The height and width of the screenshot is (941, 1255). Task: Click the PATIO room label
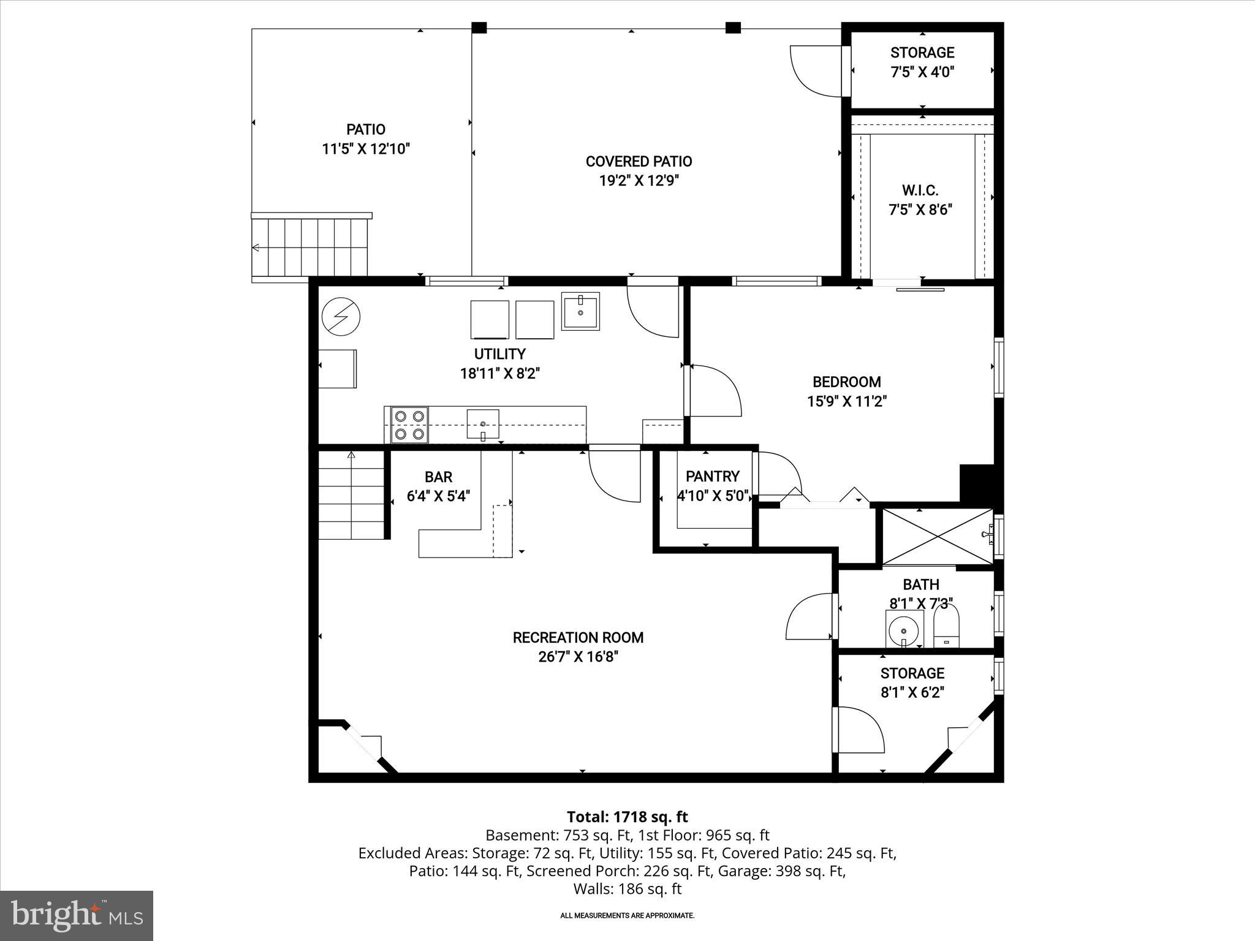click(x=366, y=129)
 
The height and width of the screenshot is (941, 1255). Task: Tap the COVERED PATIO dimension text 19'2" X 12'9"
click(x=639, y=181)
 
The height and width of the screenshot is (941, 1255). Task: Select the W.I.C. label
click(x=920, y=191)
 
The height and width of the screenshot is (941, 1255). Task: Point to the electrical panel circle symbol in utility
click(x=341, y=317)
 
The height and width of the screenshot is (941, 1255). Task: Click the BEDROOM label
click(x=847, y=382)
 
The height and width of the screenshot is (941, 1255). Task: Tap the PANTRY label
click(x=713, y=476)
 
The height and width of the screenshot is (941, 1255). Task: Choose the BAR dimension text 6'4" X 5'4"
click(x=439, y=496)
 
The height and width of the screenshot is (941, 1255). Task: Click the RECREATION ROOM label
click(x=578, y=637)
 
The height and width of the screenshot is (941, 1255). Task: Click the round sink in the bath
click(x=904, y=629)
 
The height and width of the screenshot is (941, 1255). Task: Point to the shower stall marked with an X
click(x=938, y=536)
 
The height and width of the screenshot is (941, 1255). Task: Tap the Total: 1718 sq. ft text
click(x=627, y=817)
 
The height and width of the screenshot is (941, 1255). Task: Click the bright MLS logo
click(x=77, y=915)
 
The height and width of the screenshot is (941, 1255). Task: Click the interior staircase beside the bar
click(x=351, y=495)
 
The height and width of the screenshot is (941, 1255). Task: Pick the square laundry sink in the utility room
click(x=580, y=311)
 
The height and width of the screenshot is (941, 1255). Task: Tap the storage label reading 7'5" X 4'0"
click(x=922, y=72)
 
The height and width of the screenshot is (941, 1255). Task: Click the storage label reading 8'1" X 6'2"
click(x=912, y=693)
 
